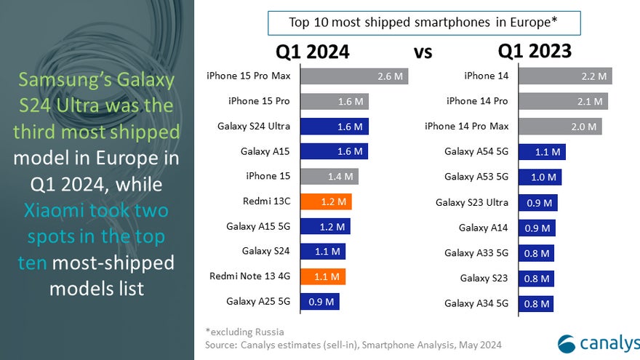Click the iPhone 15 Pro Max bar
(353, 76)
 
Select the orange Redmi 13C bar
(326, 201)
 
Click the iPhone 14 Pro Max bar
(560, 127)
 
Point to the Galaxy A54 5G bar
(542, 152)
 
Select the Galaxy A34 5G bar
(537, 303)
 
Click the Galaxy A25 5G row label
(258, 301)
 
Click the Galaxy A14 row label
(484, 228)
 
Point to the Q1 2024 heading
(312, 52)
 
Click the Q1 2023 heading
(535, 51)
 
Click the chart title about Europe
(423, 23)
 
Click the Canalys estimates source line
(353, 344)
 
